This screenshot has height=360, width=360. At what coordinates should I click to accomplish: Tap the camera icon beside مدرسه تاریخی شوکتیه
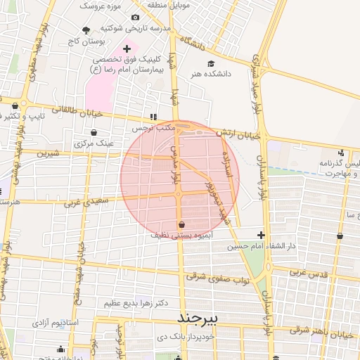pos(135,17)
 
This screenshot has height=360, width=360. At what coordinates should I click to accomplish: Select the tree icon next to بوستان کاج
pos(86,30)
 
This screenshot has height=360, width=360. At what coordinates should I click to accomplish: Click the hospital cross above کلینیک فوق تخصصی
pos(127,49)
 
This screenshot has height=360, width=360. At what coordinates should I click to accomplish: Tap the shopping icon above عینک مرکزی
pos(94,131)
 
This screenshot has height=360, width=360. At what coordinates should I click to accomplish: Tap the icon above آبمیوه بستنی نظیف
pos(182,224)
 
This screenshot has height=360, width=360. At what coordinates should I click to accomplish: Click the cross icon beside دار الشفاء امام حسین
pos(262,235)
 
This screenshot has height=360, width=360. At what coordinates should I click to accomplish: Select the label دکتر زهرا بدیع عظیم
pos(136,303)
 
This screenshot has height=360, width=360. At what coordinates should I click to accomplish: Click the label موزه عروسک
pos(100,5)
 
